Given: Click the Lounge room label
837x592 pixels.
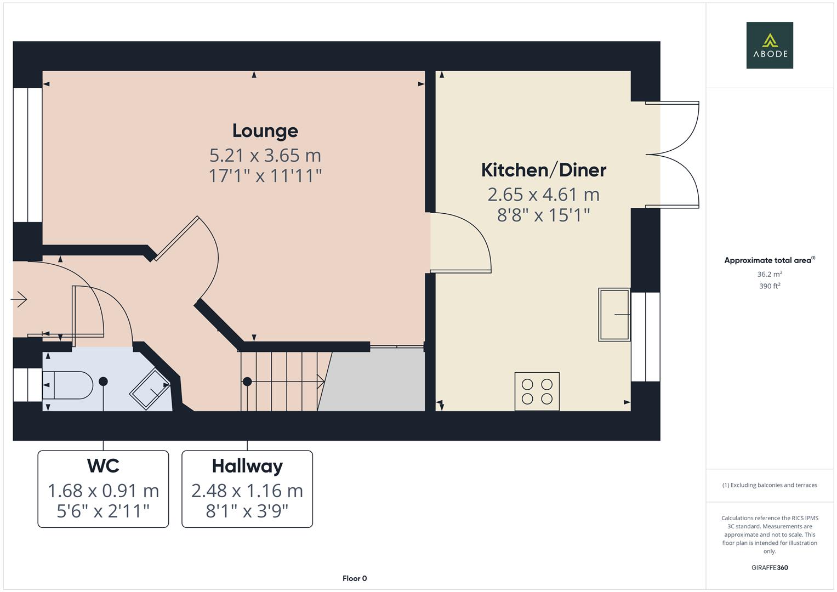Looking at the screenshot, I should click(265, 131).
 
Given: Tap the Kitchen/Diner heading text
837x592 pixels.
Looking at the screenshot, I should click(543, 170).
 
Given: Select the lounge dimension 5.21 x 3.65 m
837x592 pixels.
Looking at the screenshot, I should click(265, 156).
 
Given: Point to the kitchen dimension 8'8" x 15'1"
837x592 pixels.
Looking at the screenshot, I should click(543, 215).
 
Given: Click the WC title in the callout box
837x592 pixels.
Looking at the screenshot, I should click(103, 466).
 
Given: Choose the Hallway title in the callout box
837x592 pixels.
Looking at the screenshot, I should click(247, 466).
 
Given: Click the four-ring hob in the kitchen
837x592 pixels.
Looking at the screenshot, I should click(537, 391).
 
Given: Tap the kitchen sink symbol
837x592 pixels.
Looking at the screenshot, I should click(614, 315).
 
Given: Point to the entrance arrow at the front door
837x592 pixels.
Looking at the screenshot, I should click(19, 299).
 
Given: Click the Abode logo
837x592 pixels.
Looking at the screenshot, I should click(770, 45).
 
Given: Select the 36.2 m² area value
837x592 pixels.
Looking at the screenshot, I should click(770, 274).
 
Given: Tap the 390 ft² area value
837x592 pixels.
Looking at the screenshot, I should click(770, 286).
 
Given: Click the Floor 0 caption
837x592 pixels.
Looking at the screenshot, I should click(355, 578).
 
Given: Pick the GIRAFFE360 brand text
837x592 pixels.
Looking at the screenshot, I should click(770, 567).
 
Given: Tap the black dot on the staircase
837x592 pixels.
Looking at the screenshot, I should click(247, 382).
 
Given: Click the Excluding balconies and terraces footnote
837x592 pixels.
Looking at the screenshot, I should click(770, 485).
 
